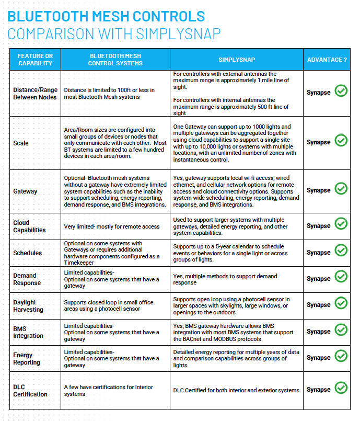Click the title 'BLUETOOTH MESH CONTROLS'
coord(106,16)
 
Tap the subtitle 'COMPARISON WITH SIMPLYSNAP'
coord(114,34)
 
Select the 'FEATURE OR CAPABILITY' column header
coord(35,60)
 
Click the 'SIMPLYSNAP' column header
coord(237,60)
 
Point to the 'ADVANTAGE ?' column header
coord(327,60)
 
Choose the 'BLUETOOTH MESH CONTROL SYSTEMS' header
coord(115,60)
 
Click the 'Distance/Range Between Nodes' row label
coord(35,94)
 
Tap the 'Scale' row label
coord(21,143)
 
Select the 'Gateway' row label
coord(25,191)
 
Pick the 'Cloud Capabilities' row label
coord(29,226)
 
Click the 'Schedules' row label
coord(27,253)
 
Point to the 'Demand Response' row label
coord(27,279)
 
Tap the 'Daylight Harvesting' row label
coord(28,306)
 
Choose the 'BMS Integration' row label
coord(28,332)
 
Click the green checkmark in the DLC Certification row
coord(341,388)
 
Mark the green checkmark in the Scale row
coord(341,140)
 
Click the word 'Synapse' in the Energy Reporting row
coord(318,358)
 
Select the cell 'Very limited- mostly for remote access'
coord(112,226)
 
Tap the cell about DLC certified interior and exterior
coord(236,390)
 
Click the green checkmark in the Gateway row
coord(341,188)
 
